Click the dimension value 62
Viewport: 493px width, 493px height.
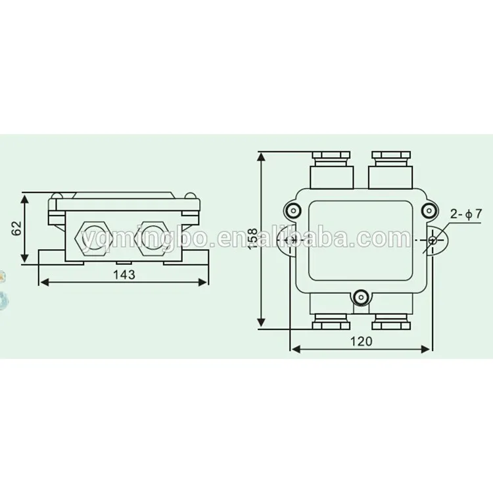[x=17, y=228]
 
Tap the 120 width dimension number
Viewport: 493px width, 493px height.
[x=361, y=340]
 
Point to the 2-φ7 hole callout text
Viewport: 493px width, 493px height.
[x=467, y=214]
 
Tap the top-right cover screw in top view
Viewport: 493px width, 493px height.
[x=429, y=210]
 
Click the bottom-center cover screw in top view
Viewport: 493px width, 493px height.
[x=360, y=298]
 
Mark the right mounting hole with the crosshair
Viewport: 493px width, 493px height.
[x=432, y=240]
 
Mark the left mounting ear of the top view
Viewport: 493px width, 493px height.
[x=287, y=240]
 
